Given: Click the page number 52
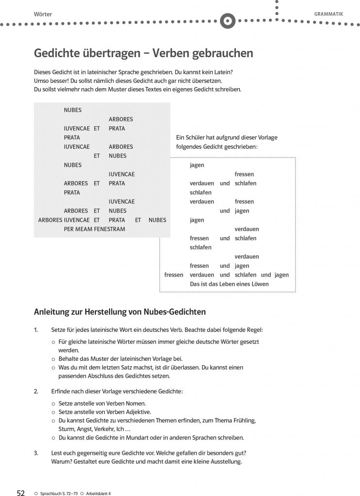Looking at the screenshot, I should [x=21, y=493].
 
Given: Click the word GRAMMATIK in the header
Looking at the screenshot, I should [x=329, y=14].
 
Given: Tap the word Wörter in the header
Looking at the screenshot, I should [x=43, y=14].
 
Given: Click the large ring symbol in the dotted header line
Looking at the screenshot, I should [x=227, y=21].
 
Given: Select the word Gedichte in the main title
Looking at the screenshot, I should [x=57, y=53].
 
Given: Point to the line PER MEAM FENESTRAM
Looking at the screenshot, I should [x=94, y=229].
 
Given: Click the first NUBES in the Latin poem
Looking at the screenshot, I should [x=73, y=110].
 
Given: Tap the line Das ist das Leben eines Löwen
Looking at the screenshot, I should [x=229, y=284].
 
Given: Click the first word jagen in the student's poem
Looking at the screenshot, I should [x=197, y=165].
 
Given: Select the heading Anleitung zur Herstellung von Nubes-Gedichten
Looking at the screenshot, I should [x=120, y=311].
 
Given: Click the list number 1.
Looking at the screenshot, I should [x=36, y=330].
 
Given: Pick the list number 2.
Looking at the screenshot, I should [x=36, y=391].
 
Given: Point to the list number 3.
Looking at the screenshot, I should [x=36, y=453].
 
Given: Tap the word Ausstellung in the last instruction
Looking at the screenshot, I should [x=226, y=462].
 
